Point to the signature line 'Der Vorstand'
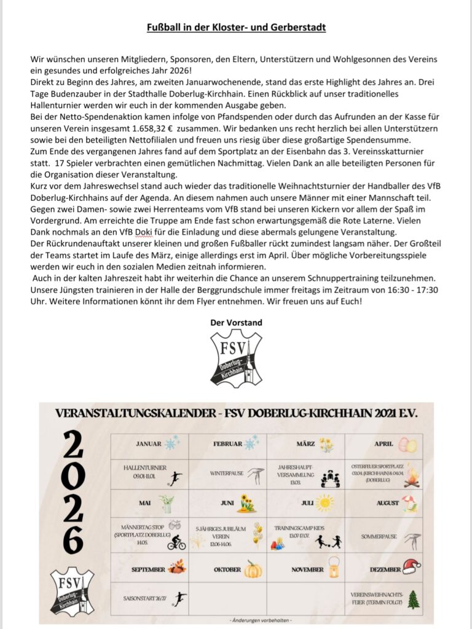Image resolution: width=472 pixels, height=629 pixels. tap(236, 322)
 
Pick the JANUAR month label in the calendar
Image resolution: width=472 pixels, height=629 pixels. tap(148, 443)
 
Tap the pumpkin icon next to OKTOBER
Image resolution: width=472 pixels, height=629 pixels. tap(253, 569)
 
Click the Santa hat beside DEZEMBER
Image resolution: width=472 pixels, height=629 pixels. tap(411, 566)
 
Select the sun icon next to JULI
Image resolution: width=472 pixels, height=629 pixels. tap(324, 503)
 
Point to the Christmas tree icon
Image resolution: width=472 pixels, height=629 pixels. tap(414, 600)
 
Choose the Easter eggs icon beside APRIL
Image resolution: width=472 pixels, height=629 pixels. tap(406, 444)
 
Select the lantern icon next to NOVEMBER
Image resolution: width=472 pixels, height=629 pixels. tap(334, 568)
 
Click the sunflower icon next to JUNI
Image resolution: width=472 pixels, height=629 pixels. tap(247, 503)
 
